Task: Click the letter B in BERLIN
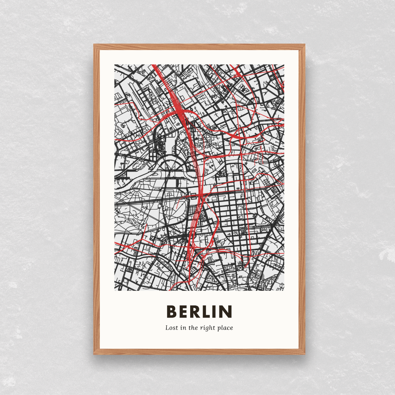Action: tap(172, 312)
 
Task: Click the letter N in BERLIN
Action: tap(227, 312)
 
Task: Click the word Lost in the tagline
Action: tap(172, 328)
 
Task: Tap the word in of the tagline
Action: tap(183, 328)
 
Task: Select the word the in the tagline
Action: tap(193, 328)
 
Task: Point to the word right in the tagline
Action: tap(207, 328)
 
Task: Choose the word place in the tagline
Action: tap(225, 328)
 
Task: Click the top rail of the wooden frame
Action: tap(199, 47)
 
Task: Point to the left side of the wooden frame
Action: tap(97, 199)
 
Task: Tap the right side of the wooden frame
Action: tap(302, 199)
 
